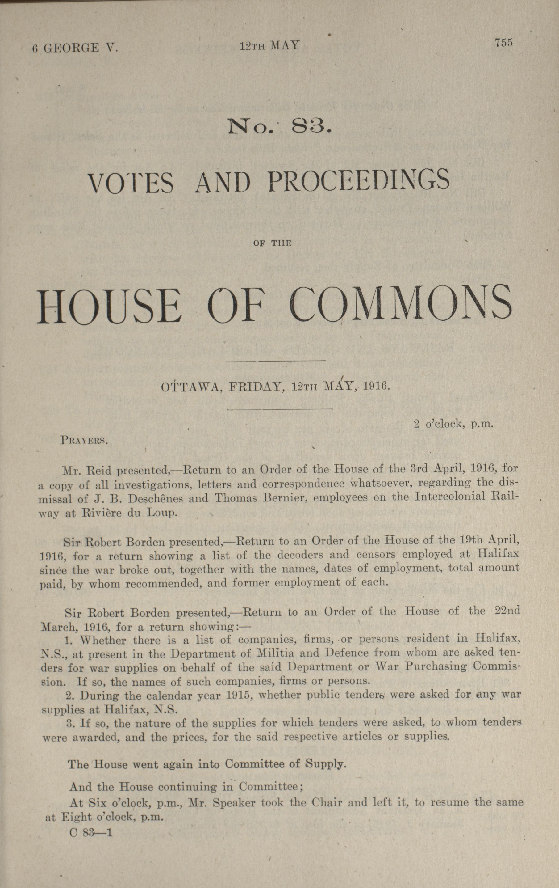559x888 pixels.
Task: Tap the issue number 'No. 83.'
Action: pos(280,127)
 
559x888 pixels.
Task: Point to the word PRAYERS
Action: pos(84,441)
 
